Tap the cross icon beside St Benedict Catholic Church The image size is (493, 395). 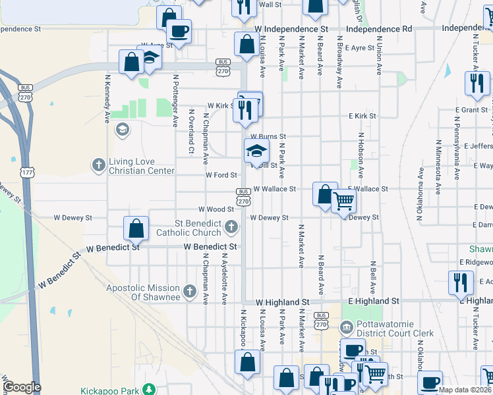pyautogui.click(x=231, y=228)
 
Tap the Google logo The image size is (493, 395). pyautogui.click(x=21, y=388)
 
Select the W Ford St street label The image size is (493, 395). pyautogui.click(x=221, y=176)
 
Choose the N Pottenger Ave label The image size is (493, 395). pyautogui.click(x=176, y=100)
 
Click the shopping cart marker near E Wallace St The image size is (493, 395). pyautogui.click(x=343, y=201)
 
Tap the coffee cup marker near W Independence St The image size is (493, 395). pyautogui.click(x=179, y=30)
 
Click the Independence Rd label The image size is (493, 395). pyautogui.click(x=379, y=30)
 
